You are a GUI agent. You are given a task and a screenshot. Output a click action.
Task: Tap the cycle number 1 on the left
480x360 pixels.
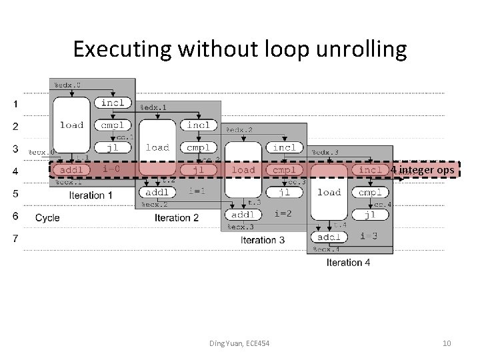[x=15, y=104]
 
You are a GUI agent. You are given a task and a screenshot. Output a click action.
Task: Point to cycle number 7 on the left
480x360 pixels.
[x=15, y=238]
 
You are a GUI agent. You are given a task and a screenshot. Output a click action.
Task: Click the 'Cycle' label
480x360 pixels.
[x=47, y=217]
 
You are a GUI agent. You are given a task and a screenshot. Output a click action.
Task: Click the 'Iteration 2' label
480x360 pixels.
[x=177, y=217]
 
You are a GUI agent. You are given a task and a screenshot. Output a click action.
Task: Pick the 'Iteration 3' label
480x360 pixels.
[x=263, y=240]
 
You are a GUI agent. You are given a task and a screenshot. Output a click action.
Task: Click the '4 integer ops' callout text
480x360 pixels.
[x=422, y=170]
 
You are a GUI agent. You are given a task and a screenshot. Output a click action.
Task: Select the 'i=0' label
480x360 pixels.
[x=111, y=169]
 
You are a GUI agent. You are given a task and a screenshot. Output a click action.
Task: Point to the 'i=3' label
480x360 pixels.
[x=369, y=236]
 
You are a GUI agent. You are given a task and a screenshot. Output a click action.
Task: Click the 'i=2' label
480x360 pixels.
[x=283, y=214]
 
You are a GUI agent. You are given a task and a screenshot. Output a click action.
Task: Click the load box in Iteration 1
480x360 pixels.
[x=71, y=125]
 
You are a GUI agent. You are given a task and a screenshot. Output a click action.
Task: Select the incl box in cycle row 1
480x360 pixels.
[x=113, y=103]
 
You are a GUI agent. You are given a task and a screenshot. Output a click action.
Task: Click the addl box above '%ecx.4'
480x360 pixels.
[x=329, y=237]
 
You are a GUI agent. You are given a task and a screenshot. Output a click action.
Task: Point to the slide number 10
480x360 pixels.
[x=447, y=343]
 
